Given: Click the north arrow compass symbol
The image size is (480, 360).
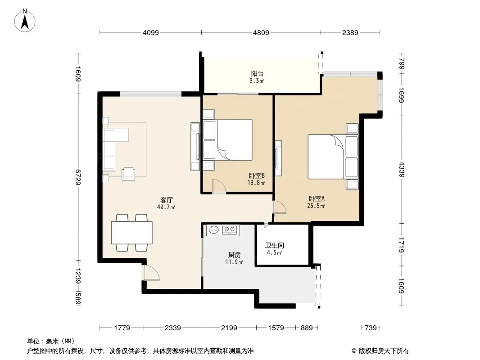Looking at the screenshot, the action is click(25, 21).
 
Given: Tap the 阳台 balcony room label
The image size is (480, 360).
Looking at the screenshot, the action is click(257, 73).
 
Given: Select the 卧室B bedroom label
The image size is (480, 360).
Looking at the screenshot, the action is click(257, 176).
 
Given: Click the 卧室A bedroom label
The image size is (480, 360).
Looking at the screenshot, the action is click(317, 199).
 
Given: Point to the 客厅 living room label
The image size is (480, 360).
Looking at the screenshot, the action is click(167, 200).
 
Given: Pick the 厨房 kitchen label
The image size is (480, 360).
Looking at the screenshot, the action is click(235, 255).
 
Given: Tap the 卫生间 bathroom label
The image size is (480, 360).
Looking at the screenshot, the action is click(275, 245).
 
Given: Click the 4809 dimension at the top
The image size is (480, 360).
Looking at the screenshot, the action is click(261, 32).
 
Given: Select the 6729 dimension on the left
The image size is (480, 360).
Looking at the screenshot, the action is click(78, 177).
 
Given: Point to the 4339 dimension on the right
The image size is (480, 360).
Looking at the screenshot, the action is click(402, 170).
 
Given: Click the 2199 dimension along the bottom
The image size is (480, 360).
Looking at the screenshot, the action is click(229, 328).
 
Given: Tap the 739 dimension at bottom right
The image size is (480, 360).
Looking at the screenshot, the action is click(371, 328).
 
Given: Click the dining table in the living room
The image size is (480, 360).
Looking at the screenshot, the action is click(131, 233).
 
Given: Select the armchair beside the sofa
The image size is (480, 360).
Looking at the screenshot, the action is click(128, 174).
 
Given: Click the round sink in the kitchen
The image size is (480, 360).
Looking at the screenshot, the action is click(214, 229).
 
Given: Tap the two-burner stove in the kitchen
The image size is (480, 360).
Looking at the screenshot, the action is click(230, 229).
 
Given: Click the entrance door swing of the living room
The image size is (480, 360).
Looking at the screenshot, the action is click(152, 273).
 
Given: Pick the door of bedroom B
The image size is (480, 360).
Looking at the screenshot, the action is click(219, 186).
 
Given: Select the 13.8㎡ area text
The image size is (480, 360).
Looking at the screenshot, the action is click(256, 183).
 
